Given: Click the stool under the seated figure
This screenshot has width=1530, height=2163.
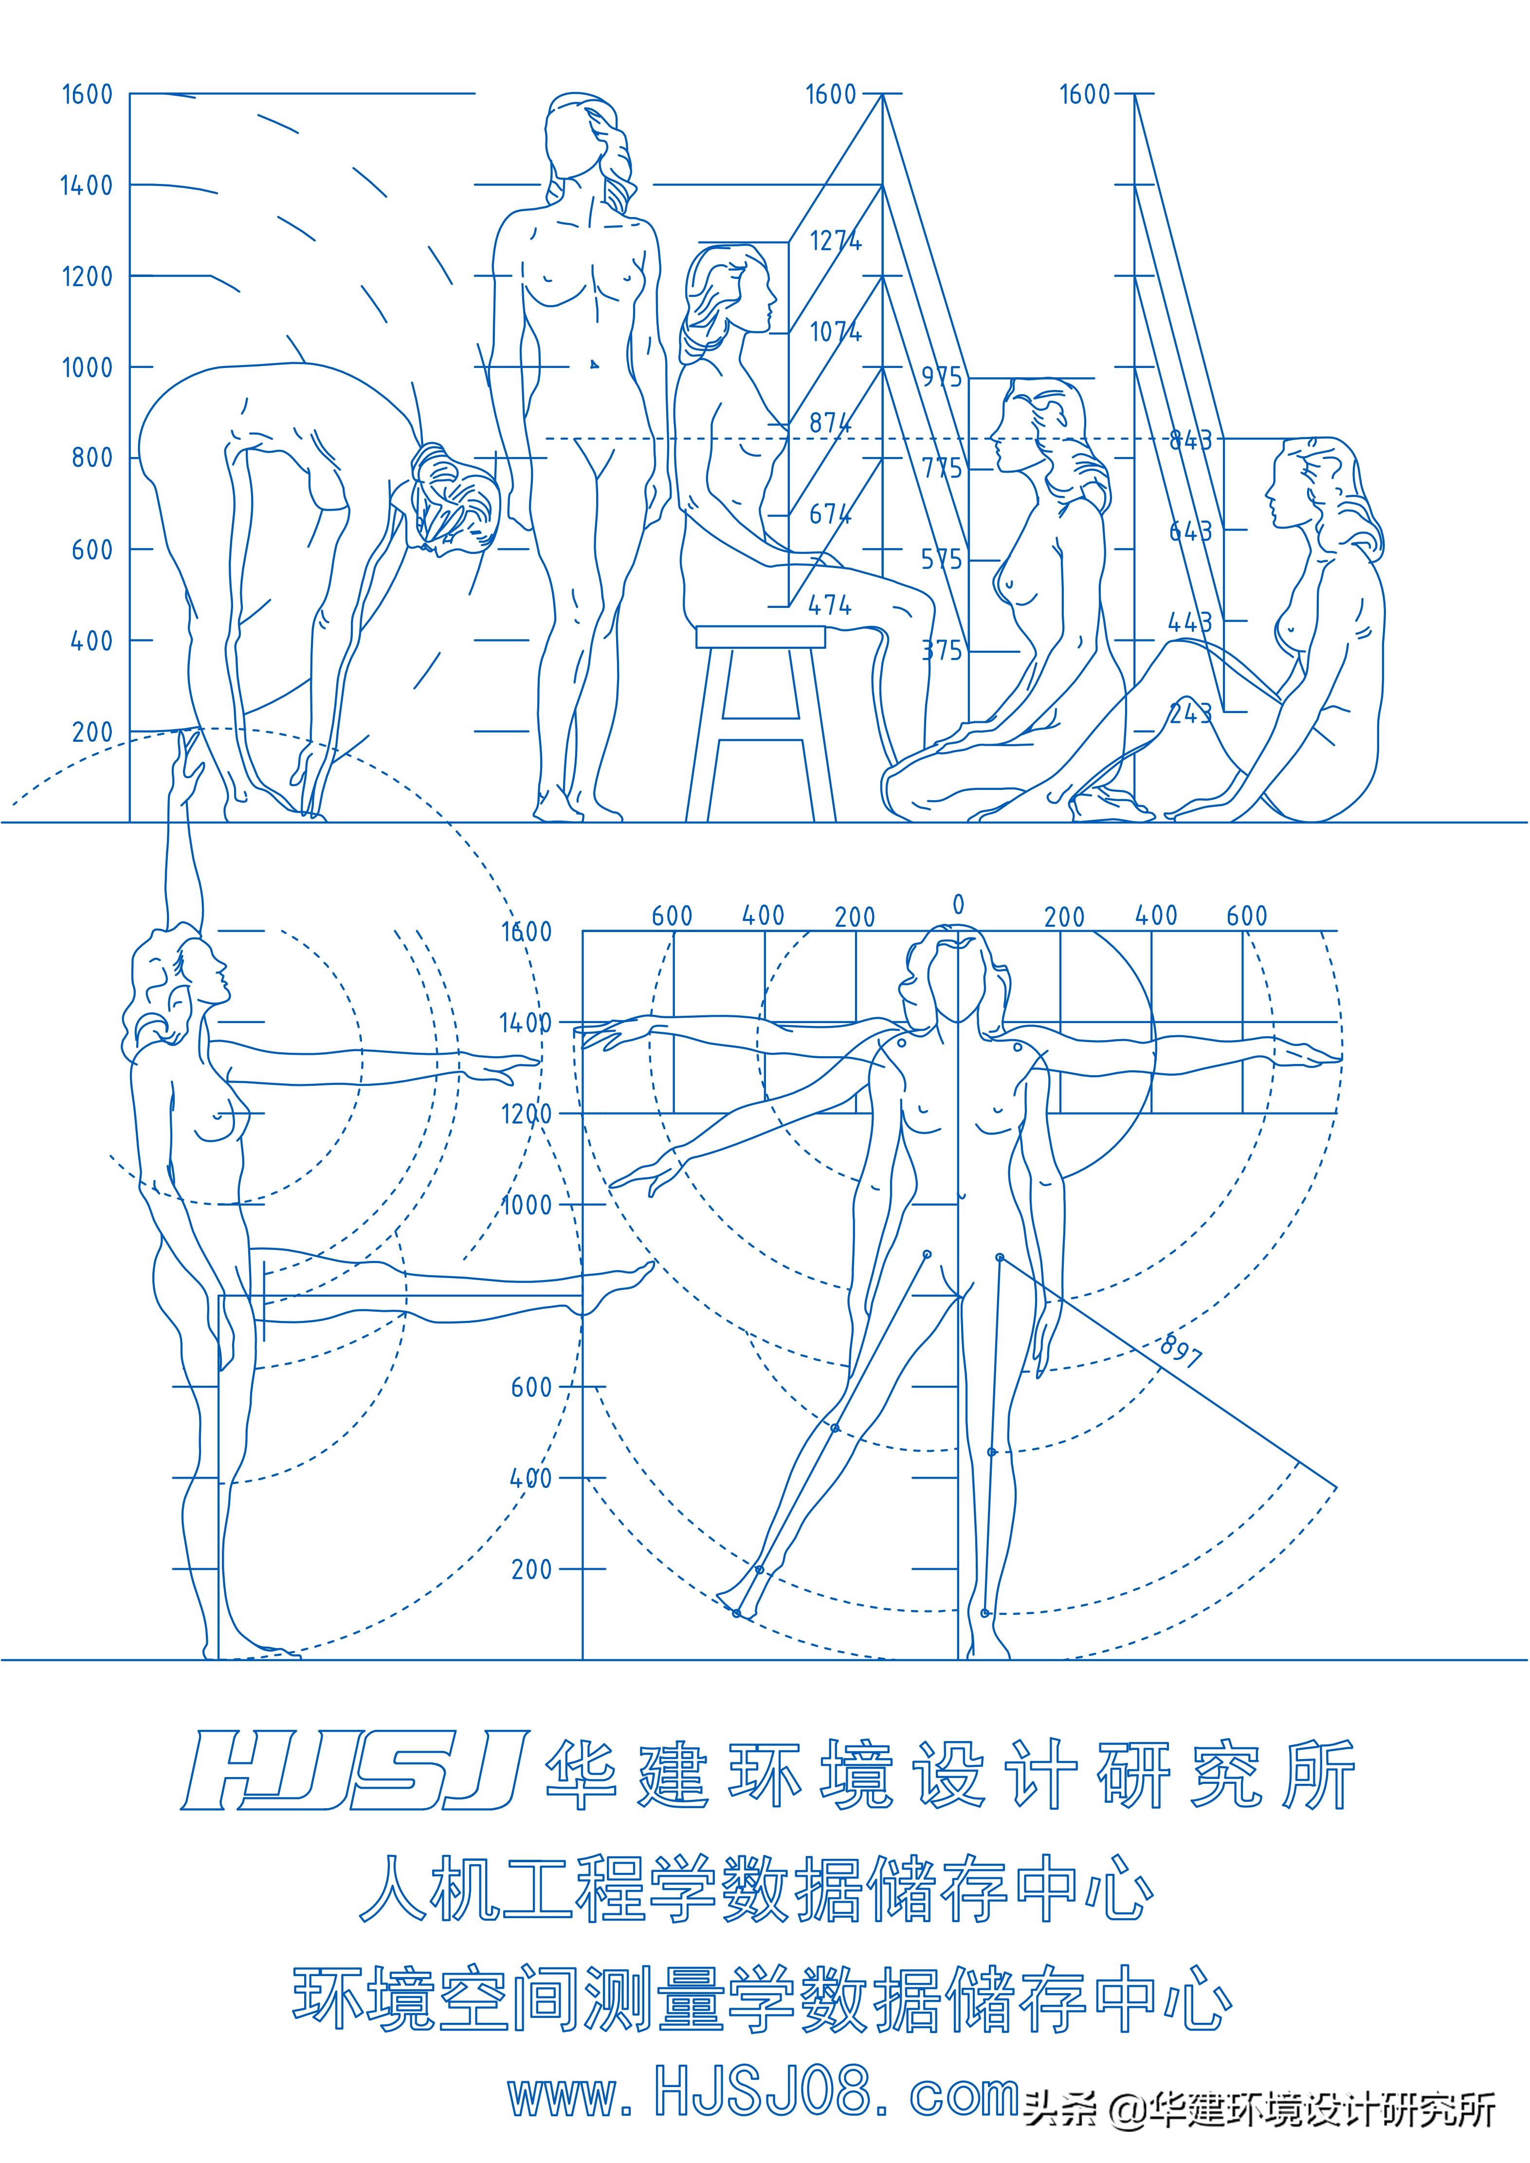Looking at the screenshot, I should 760,716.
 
